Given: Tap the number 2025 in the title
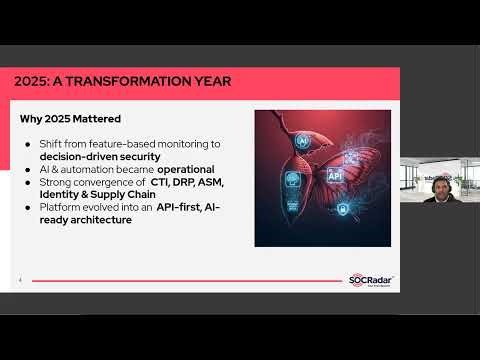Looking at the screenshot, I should (x=31, y=81).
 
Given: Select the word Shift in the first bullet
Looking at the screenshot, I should (x=51, y=145).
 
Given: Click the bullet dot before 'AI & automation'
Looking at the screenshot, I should (x=29, y=169).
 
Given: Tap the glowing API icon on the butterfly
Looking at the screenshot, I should (x=334, y=175).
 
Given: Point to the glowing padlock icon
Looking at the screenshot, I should (x=342, y=209).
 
